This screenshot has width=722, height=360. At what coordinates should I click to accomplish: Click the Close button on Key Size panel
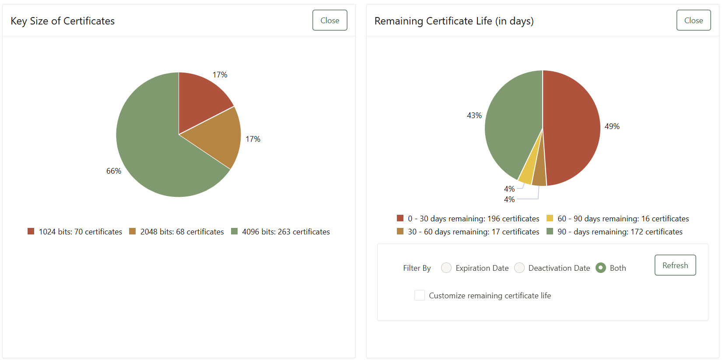(x=329, y=20)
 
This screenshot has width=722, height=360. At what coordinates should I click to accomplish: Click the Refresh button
(x=675, y=265)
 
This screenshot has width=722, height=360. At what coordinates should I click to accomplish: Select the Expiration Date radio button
(x=446, y=268)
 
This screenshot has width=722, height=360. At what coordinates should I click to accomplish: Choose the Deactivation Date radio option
(x=519, y=268)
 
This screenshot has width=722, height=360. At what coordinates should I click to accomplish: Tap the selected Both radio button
(x=601, y=268)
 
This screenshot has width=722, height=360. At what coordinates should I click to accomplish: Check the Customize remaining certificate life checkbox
(x=419, y=295)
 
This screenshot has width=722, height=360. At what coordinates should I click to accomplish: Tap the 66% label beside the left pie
(x=114, y=171)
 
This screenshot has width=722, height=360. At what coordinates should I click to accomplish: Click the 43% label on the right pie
(x=474, y=115)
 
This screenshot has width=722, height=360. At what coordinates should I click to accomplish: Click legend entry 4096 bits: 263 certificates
(x=285, y=232)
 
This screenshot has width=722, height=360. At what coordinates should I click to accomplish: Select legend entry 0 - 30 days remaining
(x=473, y=219)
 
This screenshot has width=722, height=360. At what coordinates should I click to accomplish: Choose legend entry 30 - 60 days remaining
(x=473, y=232)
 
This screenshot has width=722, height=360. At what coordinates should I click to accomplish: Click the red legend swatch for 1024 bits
(x=31, y=231)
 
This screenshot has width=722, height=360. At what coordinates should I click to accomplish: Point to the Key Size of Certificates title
(x=63, y=21)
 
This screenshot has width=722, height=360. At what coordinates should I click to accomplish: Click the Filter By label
(x=417, y=268)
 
